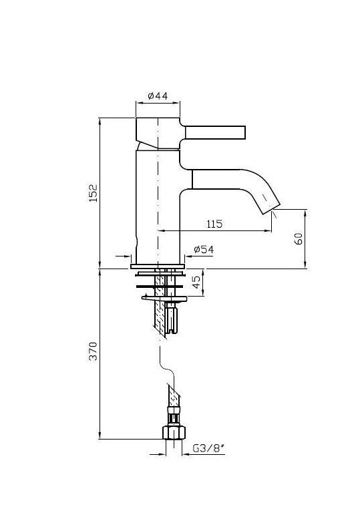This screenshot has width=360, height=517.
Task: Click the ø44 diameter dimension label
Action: click(158, 96)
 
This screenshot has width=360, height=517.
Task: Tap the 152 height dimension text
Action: click(94, 193)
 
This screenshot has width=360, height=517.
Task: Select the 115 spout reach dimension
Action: click(214, 224)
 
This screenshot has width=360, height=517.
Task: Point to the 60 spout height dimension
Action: click(299, 238)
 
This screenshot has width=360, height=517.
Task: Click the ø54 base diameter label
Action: click(204, 250)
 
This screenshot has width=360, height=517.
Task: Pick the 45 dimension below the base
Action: click(196, 283)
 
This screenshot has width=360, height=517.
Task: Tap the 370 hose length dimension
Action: click(94, 351)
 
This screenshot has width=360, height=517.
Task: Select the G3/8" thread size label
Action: click(208, 448)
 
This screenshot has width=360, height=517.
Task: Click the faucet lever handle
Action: click(215, 132)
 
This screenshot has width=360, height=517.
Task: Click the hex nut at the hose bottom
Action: click(174, 433)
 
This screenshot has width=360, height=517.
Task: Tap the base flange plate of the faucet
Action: click(158, 266)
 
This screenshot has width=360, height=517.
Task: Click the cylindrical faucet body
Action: click(158, 207)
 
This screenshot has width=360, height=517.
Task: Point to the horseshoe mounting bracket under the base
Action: click(164, 299)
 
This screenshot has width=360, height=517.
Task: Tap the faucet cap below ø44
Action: click(158, 133)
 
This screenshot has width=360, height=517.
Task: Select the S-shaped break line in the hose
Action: click(167, 365)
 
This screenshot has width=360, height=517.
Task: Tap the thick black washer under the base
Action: click(160, 286)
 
